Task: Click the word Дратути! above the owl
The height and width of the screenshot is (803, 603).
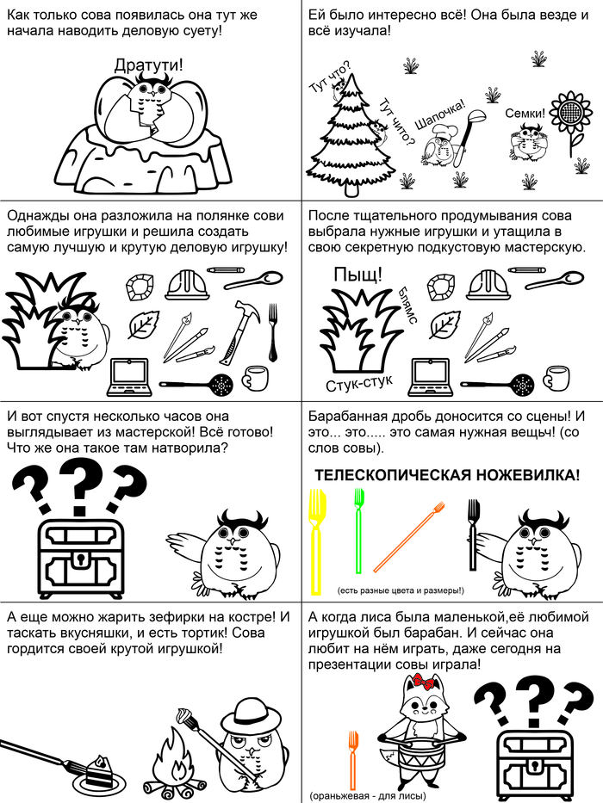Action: (148, 65)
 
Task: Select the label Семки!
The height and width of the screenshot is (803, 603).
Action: (525, 113)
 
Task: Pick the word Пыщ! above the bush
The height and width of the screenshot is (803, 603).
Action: (357, 275)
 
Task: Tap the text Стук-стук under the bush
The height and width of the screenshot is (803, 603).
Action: (359, 382)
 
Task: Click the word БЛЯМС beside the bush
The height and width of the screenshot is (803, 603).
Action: (407, 305)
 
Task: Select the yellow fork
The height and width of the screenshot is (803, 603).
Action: (317, 542)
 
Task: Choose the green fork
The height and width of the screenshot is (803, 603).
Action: (359, 530)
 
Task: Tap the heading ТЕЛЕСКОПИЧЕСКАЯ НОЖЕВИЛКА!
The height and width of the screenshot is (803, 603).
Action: (446, 475)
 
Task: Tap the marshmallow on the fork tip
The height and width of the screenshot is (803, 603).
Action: (185, 715)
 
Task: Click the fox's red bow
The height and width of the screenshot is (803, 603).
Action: (424, 681)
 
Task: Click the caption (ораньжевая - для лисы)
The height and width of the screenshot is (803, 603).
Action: (368, 796)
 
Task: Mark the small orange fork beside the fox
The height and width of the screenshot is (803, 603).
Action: (352, 760)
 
